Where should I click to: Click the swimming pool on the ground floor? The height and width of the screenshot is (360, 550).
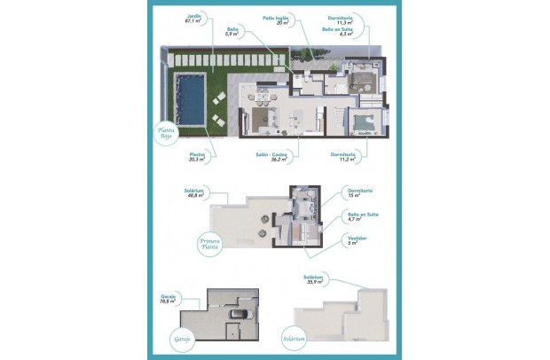point(190,100)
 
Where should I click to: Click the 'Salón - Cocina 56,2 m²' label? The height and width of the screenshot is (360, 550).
point(272,158)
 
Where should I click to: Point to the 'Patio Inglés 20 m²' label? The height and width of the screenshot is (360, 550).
point(276,20)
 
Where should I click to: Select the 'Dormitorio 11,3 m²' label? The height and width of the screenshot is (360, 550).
point(341,19)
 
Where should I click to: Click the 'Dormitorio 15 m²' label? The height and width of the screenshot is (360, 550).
point(359,193)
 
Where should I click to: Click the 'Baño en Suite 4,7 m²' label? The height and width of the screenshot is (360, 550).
point(359,216)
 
